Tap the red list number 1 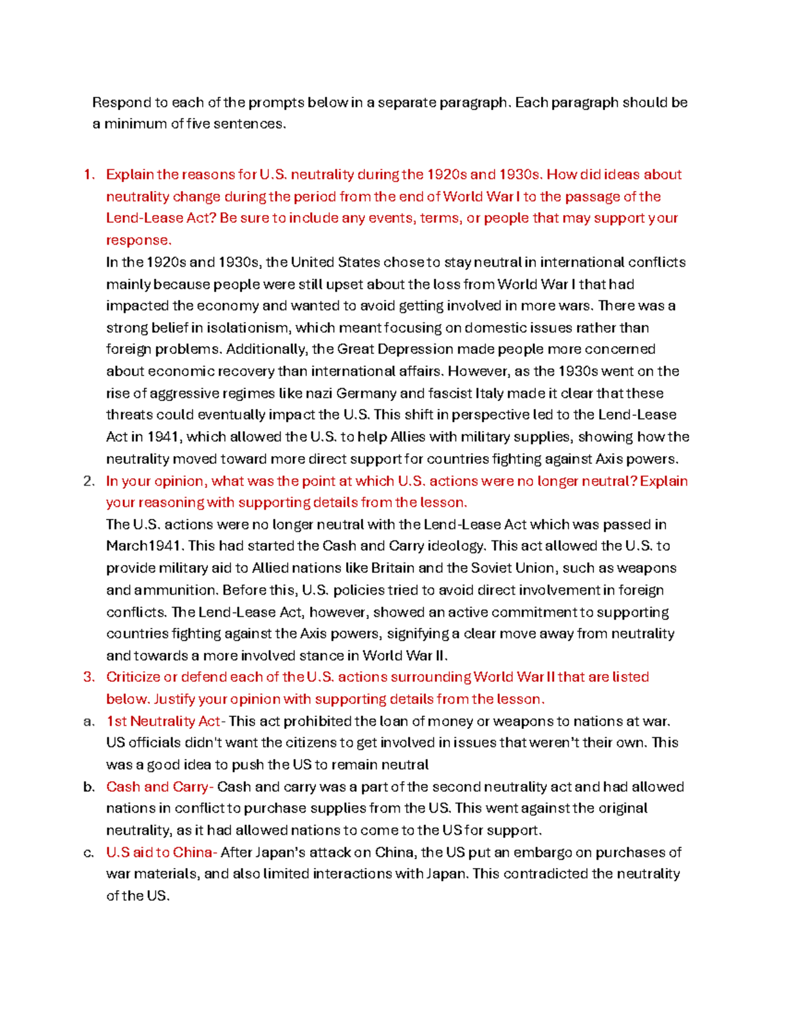(89, 175)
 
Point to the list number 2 (89, 482)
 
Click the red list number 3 (89, 677)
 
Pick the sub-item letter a (88, 722)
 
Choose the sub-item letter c (88, 853)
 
